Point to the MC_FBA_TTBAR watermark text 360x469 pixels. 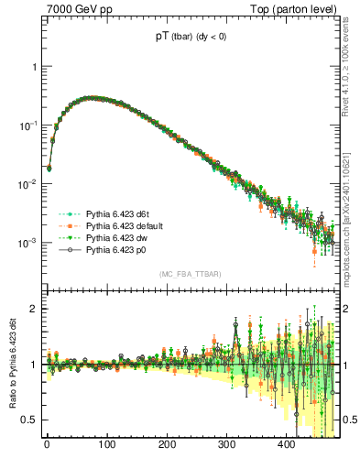pos(192,275)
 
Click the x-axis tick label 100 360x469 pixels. pos(107,445)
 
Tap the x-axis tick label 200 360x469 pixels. pos(167,445)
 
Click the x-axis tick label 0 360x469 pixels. pos(47,445)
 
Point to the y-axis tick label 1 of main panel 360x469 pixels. pos(34,68)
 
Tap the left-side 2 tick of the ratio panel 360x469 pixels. pos(34,310)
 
